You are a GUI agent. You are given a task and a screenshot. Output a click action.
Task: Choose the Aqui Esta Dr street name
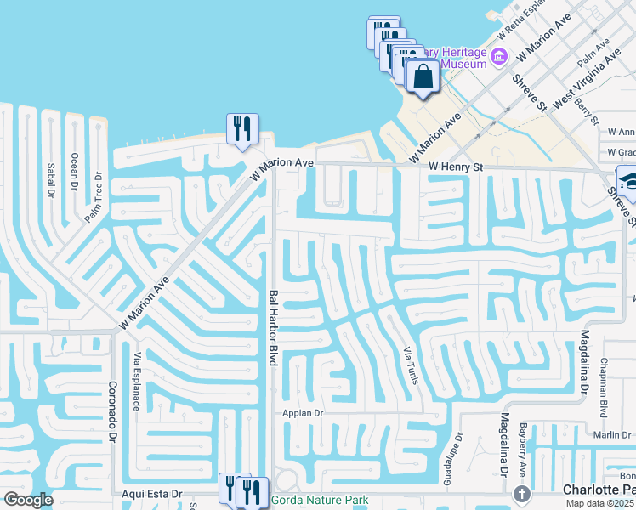point(151,493)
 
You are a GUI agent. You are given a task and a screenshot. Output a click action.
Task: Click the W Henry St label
point(456,168)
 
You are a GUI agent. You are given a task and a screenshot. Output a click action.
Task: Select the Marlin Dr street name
point(611,435)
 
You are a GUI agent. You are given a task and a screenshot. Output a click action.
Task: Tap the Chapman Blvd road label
point(603,388)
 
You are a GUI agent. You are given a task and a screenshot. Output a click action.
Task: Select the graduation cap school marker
point(630,180)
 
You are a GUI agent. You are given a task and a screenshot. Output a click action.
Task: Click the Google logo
point(28,500)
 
